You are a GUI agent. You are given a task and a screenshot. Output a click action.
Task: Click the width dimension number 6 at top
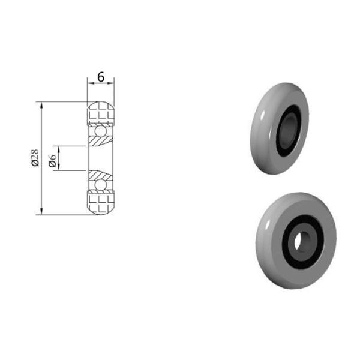[x=101, y=77]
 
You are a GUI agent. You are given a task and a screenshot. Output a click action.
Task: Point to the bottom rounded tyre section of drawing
[x=101, y=202]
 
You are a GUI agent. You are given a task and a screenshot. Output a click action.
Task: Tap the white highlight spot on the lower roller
[x=265, y=224]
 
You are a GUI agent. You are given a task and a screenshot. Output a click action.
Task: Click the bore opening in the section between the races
[x=101, y=158]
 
